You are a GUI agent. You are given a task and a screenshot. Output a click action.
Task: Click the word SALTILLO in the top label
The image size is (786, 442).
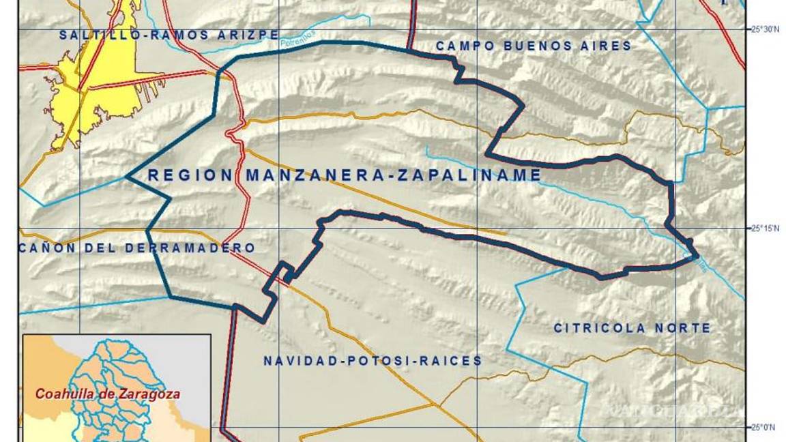pyautogui.click(x=96, y=34)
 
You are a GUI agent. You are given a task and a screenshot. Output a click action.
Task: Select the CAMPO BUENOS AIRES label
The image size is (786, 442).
pyautogui.click(x=534, y=46)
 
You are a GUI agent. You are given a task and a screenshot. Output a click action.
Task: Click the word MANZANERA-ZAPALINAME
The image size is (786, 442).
pyautogui.click(x=393, y=175)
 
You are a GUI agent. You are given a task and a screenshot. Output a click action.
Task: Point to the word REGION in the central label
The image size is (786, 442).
pyautogui.click(x=190, y=175)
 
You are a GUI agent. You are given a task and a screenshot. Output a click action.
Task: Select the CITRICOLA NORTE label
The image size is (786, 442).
pyautogui.click(x=632, y=328)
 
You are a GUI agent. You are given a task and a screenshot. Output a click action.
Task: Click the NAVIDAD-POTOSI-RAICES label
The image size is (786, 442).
pyautogui.click(x=373, y=361)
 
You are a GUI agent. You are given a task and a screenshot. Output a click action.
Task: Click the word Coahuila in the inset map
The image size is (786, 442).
pyautogui.click(x=65, y=394)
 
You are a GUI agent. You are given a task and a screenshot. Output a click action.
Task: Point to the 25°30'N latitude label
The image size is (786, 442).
pyautogui.click(x=764, y=29)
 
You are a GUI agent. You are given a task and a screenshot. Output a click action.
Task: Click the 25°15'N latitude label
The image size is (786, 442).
pyautogui.click(x=764, y=229)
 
